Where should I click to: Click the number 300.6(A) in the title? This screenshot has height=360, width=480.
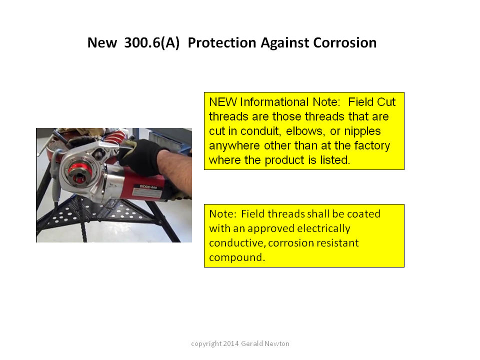click(x=151, y=43)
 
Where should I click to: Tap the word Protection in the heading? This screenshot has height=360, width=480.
click(x=222, y=43)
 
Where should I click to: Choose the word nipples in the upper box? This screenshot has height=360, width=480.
click(x=362, y=131)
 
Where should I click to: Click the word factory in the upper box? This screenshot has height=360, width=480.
click(x=372, y=146)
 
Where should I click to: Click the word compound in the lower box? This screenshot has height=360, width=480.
click(x=236, y=258)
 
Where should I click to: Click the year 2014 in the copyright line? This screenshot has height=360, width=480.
click(x=231, y=343)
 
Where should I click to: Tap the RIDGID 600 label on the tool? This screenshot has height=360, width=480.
click(x=148, y=186)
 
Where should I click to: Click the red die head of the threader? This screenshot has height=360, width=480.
click(x=79, y=172)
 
